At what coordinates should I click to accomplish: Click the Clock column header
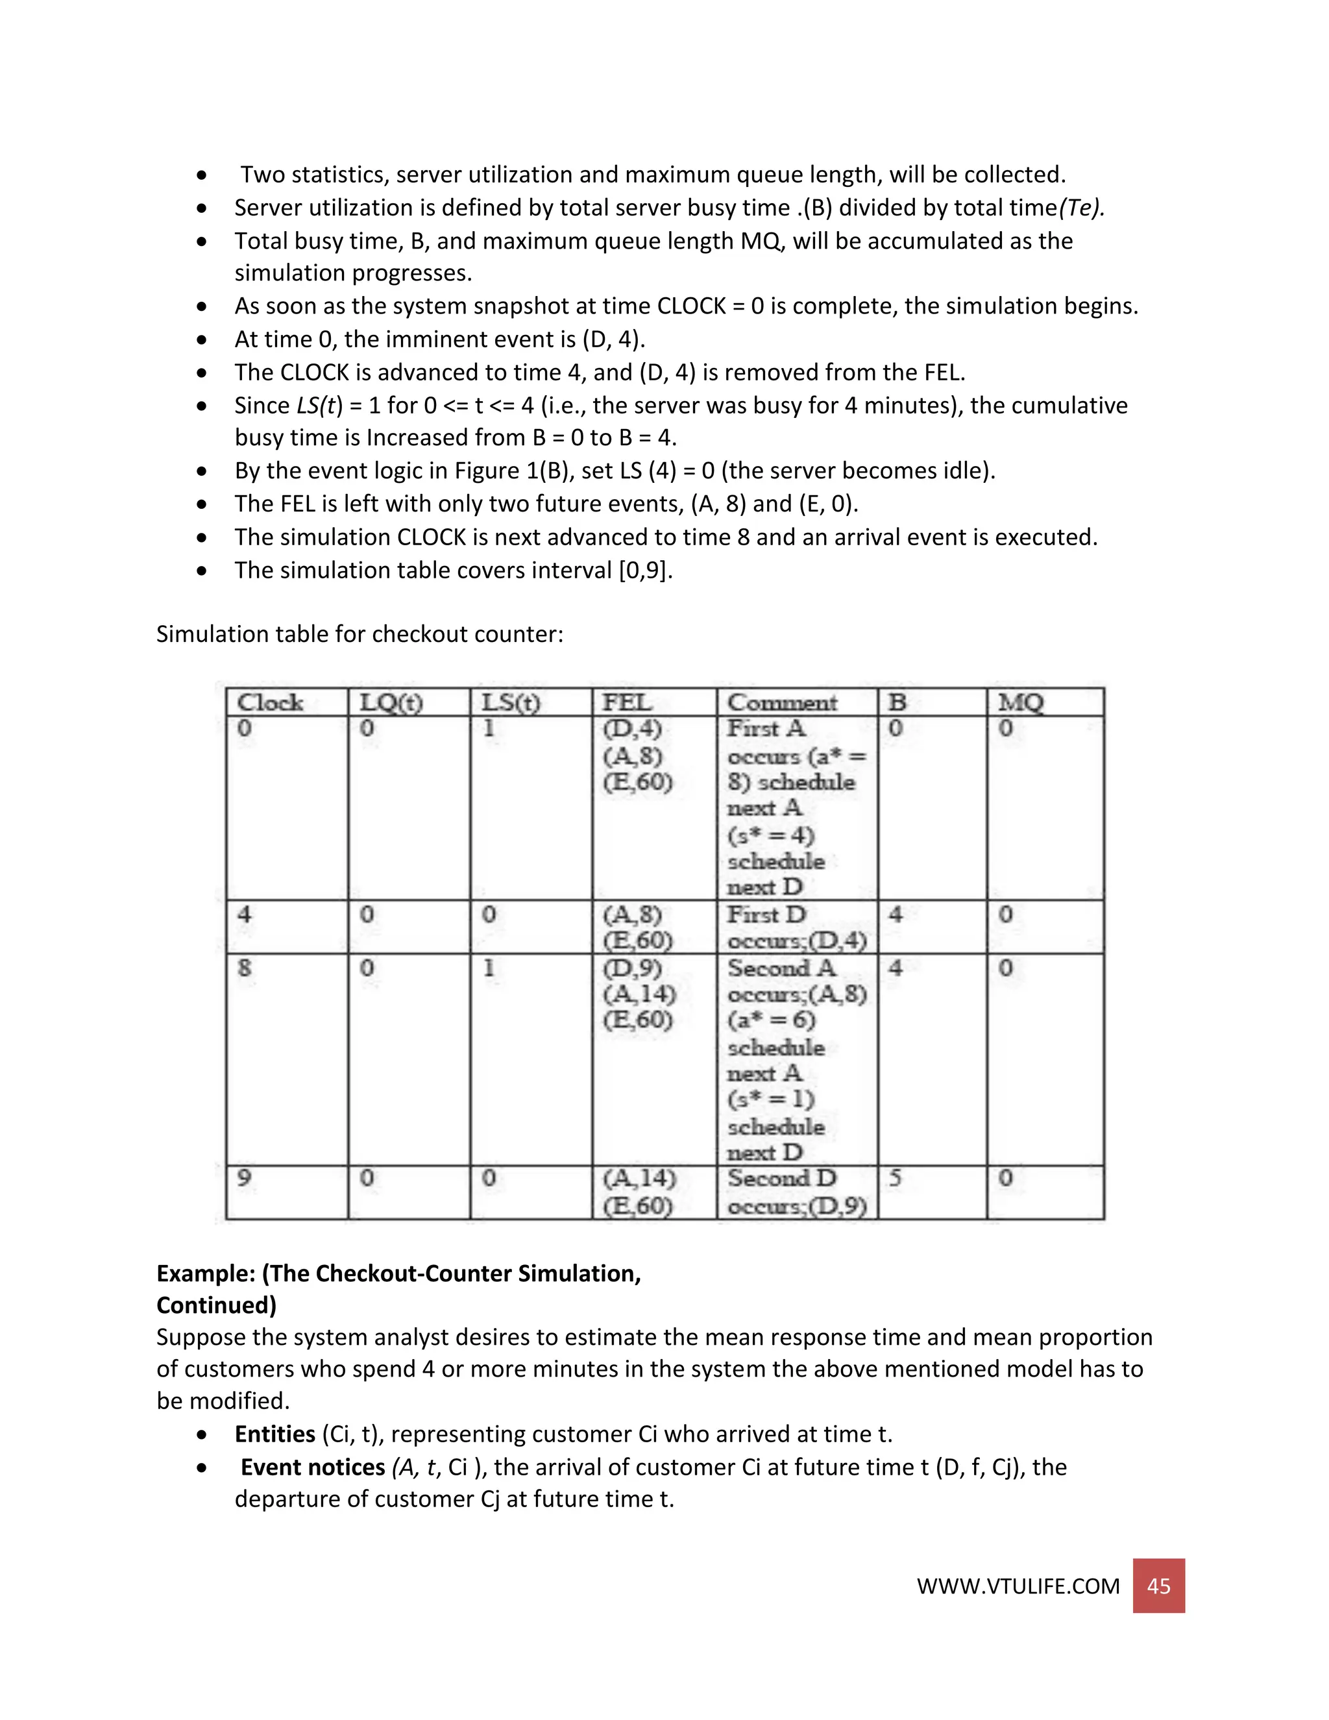click(x=270, y=702)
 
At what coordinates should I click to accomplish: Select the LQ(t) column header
click(x=391, y=702)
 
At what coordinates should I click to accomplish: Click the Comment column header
click(x=782, y=702)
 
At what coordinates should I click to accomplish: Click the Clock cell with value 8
click(x=245, y=967)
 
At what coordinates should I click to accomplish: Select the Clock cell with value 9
click(x=245, y=1178)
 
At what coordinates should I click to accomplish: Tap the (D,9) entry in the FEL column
click(x=632, y=967)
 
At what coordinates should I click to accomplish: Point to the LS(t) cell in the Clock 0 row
click(x=489, y=728)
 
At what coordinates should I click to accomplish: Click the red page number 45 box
click(x=1158, y=1586)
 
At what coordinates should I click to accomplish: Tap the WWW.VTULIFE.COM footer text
click(x=1018, y=1586)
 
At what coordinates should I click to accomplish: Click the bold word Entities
click(x=274, y=1434)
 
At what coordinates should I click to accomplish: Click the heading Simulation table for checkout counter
click(x=359, y=634)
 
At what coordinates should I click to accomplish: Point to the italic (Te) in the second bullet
click(x=1081, y=208)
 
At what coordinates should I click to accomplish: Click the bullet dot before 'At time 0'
click(x=202, y=339)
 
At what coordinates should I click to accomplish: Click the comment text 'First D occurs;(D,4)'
click(x=796, y=928)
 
